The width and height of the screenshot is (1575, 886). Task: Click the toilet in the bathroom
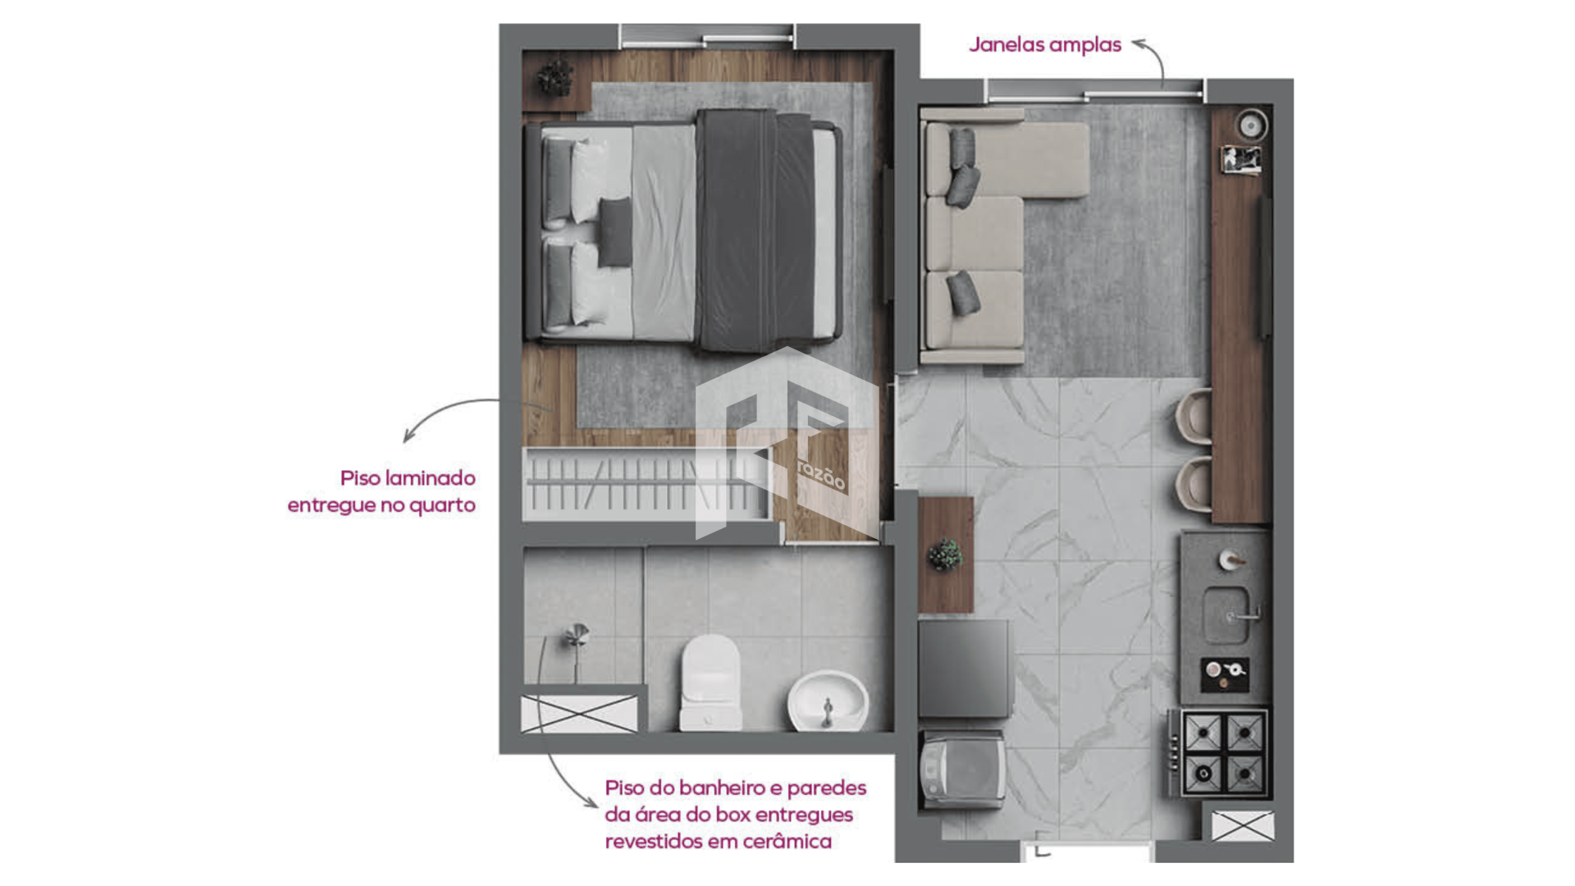tap(710, 683)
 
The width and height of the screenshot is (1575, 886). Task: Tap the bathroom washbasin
tap(828, 701)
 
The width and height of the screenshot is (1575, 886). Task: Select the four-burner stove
tap(1224, 753)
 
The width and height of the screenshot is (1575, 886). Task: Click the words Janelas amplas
tap(1044, 44)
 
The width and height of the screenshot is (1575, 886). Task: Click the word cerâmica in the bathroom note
tap(787, 841)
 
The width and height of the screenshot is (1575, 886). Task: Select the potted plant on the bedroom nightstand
tap(555, 78)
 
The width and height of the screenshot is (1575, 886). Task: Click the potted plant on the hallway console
tap(945, 555)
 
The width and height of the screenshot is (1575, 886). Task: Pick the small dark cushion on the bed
tap(614, 231)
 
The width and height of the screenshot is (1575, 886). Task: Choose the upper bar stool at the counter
tap(1194, 416)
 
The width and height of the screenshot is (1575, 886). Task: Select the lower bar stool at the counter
tap(1194, 484)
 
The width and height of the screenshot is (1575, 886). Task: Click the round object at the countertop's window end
tap(1252, 126)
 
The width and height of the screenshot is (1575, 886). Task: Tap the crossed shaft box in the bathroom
tap(579, 714)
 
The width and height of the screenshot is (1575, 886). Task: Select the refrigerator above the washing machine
tap(964, 669)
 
